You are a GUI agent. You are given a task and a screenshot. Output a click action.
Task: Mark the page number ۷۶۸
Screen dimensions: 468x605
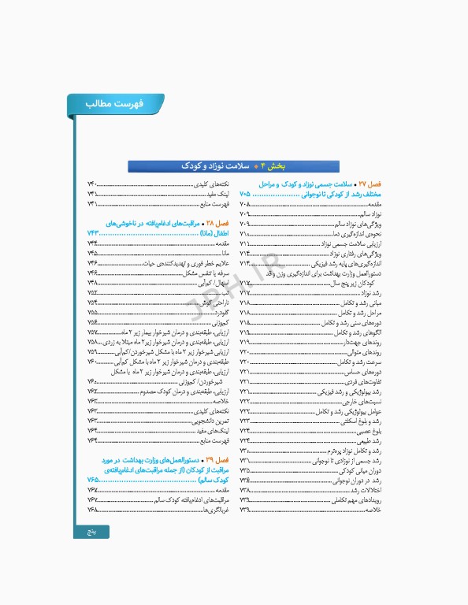[x=92, y=510]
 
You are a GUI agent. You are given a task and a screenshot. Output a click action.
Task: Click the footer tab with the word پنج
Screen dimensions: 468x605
[x=92, y=532]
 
